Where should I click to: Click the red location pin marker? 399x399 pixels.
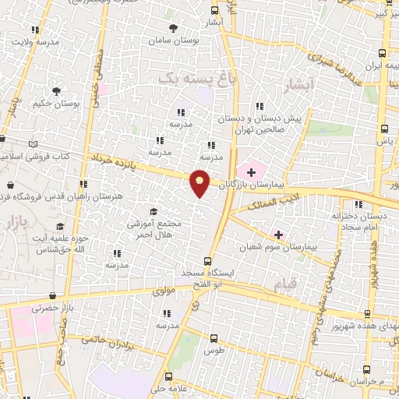tap(200, 182)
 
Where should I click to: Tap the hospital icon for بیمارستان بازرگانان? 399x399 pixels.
tap(252, 171)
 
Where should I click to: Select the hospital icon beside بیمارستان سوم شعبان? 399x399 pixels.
tap(278, 234)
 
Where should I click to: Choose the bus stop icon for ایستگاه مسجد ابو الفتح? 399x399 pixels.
tap(208, 262)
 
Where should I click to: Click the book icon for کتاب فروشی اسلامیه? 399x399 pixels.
tap(32, 143)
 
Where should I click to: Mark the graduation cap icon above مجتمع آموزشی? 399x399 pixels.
tap(154, 211)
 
